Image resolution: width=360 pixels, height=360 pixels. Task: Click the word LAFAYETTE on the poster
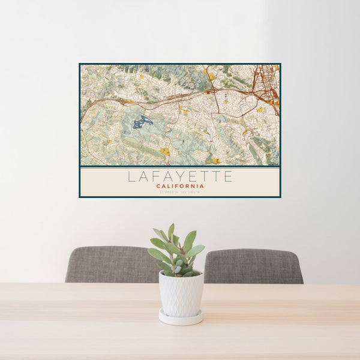[x=180, y=176]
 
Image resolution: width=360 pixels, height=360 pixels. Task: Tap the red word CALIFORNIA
[x=180, y=186]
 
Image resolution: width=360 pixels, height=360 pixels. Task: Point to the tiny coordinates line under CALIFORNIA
[x=180, y=192]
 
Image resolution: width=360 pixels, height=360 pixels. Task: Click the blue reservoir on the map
[x=142, y=122]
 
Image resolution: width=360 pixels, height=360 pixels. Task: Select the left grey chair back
[x=111, y=264]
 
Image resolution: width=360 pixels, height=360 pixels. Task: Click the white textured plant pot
[x=181, y=294]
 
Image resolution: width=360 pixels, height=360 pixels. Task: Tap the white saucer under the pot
[x=181, y=318]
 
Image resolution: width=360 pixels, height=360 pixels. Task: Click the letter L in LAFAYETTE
[x=131, y=176]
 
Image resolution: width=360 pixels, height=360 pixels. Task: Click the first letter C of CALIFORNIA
[x=158, y=186]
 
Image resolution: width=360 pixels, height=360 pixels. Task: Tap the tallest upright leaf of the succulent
[x=171, y=232]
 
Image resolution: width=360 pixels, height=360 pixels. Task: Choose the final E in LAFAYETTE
[x=228, y=176]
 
